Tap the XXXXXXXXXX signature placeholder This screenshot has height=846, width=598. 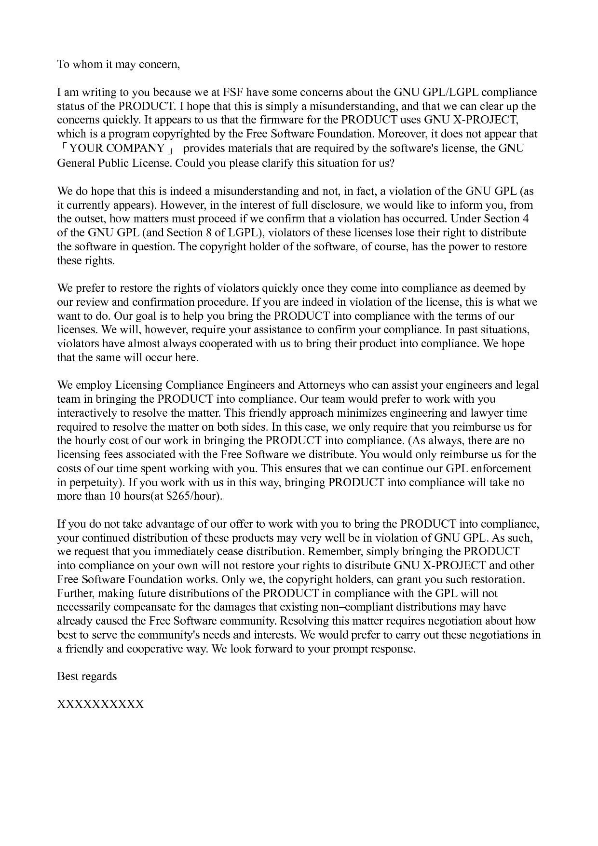(x=100, y=705)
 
